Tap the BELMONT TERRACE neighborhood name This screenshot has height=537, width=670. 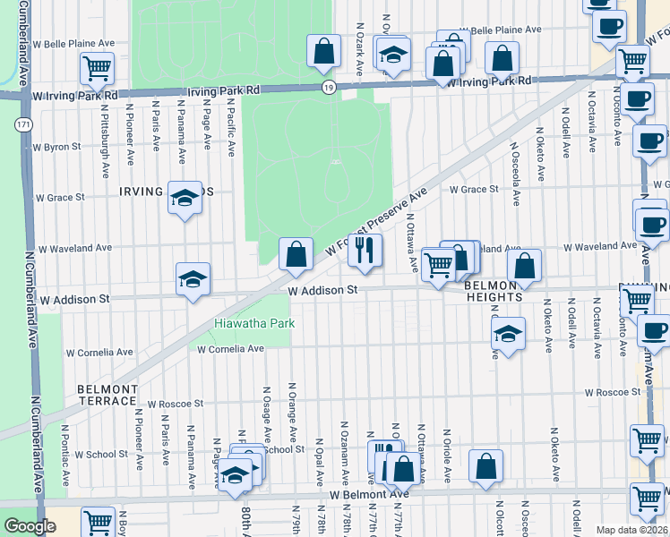[107, 396]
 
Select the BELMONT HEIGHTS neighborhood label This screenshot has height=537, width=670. [494, 290]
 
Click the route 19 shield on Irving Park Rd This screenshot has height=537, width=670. [330, 87]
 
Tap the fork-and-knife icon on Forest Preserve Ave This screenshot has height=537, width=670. [365, 251]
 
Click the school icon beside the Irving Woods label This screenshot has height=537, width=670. [185, 200]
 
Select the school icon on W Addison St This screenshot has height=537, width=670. [193, 280]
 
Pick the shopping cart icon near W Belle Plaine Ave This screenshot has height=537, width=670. [97, 67]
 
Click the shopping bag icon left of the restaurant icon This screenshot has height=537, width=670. [296, 255]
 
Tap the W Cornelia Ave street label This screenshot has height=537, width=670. [231, 348]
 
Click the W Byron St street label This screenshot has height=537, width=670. [56, 146]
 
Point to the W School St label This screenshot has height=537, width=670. [100, 455]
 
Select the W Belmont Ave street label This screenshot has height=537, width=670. [368, 494]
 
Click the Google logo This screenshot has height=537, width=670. [30, 526]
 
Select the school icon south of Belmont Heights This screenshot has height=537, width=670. [508, 336]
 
